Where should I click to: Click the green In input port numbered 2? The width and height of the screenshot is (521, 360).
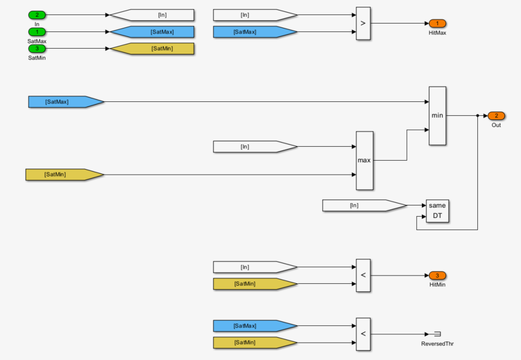pos(37,15)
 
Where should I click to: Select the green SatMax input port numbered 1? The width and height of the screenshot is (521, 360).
pos(37,32)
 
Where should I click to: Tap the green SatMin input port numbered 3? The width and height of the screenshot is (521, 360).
pos(37,49)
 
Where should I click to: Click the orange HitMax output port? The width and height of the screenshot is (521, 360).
pos(437,24)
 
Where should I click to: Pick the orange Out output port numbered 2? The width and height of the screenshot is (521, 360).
pos(496,116)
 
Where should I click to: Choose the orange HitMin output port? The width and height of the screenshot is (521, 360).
pos(437,275)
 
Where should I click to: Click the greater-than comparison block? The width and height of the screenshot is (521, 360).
pos(363,24)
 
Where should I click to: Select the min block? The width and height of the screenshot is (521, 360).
pos(437,116)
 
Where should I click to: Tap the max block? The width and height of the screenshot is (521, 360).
pos(364,161)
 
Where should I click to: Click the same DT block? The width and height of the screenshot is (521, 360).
pos(437,211)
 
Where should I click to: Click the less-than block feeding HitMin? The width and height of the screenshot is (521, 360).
pos(363,275)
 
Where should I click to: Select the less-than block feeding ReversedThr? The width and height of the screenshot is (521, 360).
pos(363,334)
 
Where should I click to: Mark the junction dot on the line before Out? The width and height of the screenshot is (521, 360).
pos(477,116)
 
